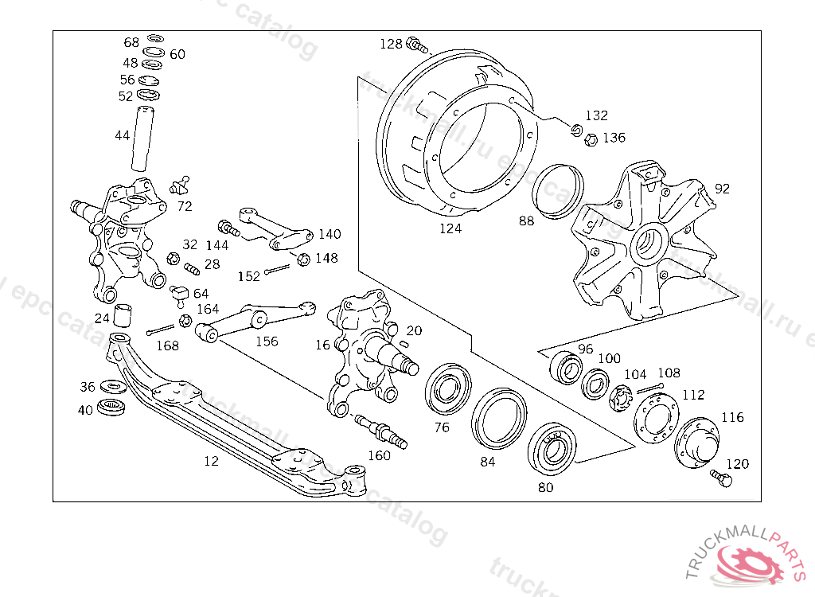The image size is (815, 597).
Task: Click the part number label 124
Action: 450,228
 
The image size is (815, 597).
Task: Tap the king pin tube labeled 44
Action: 142,139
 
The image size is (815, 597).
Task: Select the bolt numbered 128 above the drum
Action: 417,45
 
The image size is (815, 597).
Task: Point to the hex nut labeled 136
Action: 591,139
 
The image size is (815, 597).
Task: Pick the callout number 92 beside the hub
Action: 722,188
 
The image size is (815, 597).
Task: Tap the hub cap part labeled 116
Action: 696,443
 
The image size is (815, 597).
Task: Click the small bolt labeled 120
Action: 721,478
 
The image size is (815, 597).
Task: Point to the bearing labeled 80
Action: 552,449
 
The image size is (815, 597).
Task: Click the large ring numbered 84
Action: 499,418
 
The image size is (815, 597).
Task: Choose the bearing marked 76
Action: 448,389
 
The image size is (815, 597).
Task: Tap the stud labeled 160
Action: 381,431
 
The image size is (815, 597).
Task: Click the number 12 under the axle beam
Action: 211,461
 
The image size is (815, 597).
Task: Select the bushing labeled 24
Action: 122,315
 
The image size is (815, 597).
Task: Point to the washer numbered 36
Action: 111,386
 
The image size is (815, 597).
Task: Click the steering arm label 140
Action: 330,234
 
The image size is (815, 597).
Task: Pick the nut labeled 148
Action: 303,259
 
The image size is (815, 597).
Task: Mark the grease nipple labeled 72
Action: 181,185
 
